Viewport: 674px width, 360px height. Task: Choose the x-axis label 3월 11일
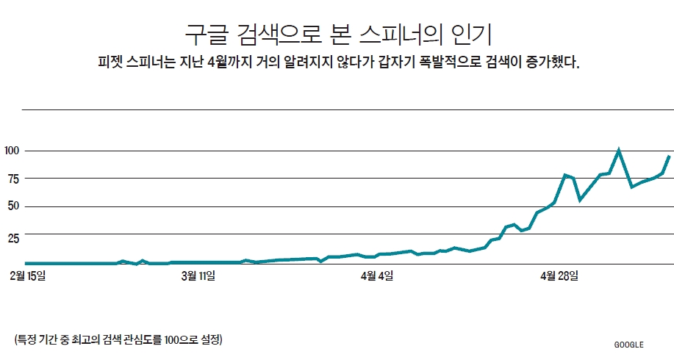198,276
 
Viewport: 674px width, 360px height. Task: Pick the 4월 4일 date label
376,276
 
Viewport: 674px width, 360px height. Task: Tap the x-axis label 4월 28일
559,276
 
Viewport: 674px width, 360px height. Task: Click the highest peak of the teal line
619,150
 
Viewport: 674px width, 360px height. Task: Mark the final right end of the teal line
669,156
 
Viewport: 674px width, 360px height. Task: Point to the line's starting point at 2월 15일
26,263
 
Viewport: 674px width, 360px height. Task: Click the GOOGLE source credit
628,344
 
